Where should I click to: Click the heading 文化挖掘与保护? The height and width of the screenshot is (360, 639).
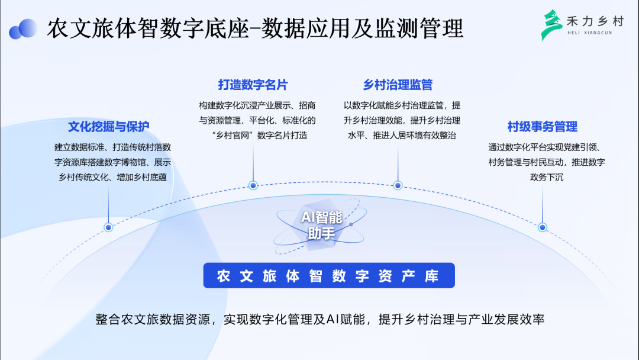[x=109, y=126]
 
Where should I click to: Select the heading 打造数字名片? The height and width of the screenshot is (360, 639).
[x=253, y=85]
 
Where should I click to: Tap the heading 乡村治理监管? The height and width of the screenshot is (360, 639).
[x=398, y=85]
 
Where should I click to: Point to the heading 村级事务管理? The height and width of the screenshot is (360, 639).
[x=543, y=126]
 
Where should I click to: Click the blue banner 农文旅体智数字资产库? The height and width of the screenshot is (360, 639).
[x=328, y=276]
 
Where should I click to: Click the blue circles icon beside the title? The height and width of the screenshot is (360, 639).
[x=23, y=28]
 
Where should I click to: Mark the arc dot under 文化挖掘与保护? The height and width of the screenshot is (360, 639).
[x=108, y=227]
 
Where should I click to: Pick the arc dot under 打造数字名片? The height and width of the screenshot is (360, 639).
[x=253, y=185]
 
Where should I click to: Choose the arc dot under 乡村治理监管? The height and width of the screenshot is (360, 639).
[x=398, y=185]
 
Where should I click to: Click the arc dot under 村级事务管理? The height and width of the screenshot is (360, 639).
[x=543, y=227]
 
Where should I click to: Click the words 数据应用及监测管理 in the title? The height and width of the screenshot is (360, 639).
[x=363, y=28]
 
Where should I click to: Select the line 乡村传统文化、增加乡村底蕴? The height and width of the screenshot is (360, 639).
[x=112, y=177]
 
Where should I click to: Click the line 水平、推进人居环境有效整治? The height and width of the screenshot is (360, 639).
[x=402, y=136]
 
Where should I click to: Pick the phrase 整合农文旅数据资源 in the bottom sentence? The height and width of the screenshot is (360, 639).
[x=155, y=320]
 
